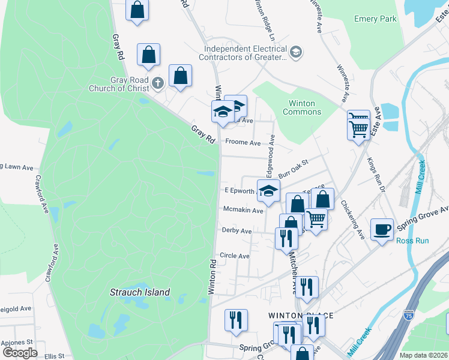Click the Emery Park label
375,19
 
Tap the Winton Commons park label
301,107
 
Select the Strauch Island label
139,292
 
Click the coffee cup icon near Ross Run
382,229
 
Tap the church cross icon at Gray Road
158,83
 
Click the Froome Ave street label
243,143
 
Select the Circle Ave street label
234,256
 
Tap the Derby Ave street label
237,230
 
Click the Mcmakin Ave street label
243,211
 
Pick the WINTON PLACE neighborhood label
300,316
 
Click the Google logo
20,353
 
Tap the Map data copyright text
423,355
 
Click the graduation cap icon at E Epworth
268,191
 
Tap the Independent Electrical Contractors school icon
295,53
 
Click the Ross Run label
412,241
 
